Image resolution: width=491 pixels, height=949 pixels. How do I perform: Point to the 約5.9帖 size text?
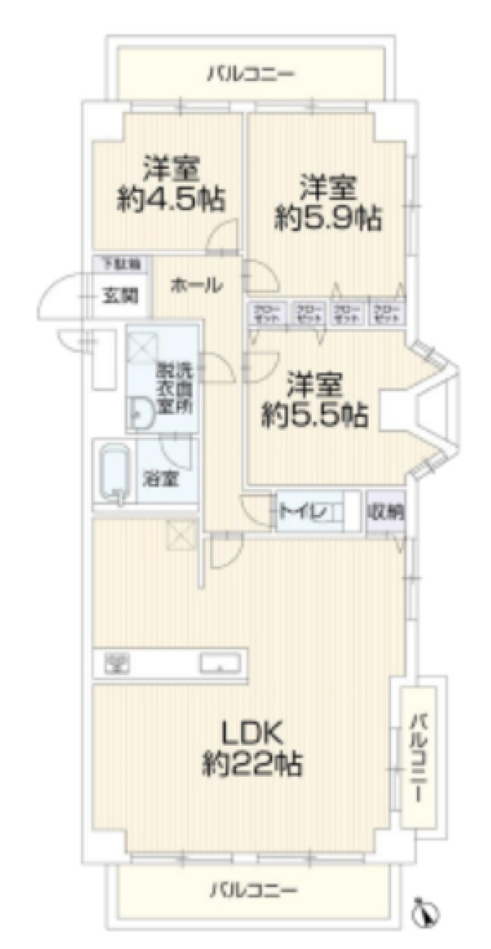coord(327,218)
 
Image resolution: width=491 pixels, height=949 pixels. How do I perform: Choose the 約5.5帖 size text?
coord(314,415)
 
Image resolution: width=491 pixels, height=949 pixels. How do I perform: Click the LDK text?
coord(252,733)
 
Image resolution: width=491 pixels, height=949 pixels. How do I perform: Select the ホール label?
coord(197,285)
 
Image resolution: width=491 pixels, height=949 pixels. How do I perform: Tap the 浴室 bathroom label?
coord(161,478)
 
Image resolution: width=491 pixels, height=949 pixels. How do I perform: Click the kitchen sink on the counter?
coord(219,663)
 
